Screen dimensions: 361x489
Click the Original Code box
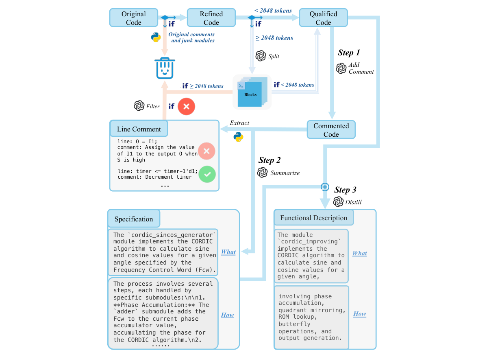(x=133, y=18)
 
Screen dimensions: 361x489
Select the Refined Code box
(x=211, y=18)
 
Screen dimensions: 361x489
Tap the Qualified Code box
(x=323, y=18)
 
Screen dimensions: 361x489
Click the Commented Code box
(x=331, y=130)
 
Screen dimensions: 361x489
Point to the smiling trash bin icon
(x=165, y=68)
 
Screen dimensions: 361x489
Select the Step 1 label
(x=349, y=53)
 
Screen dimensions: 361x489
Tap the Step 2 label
(x=269, y=160)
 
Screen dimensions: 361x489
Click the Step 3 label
(x=345, y=190)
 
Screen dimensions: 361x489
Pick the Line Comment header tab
(x=139, y=129)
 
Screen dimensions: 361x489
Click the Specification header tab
(x=134, y=219)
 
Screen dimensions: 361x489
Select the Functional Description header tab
(x=314, y=218)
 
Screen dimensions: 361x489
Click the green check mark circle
(x=207, y=174)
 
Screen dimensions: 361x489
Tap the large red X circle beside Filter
(x=186, y=107)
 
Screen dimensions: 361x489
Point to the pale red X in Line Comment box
(x=206, y=151)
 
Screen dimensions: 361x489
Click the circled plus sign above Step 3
(x=325, y=187)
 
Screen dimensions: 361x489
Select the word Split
(x=274, y=57)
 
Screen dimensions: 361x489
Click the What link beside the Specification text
(x=228, y=252)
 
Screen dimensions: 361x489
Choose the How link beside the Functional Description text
(x=359, y=314)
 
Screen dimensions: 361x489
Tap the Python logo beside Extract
(x=239, y=137)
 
